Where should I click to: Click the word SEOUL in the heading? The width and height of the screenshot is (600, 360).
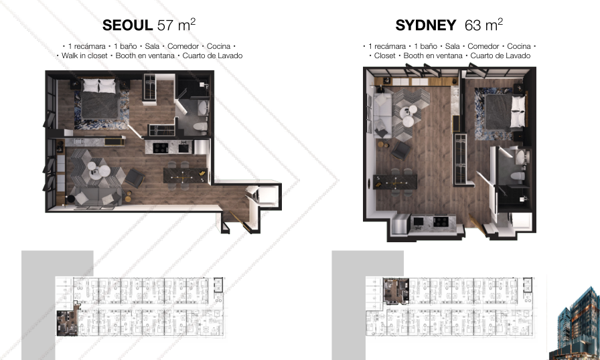point(127,25)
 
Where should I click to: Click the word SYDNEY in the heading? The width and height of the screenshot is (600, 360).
point(425,25)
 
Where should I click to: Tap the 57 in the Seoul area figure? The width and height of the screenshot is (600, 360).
point(165,25)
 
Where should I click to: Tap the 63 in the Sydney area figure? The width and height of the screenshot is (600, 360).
point(473,25)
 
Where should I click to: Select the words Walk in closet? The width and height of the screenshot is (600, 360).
point(84,56)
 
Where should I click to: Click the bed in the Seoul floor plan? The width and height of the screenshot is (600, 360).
point(100,98)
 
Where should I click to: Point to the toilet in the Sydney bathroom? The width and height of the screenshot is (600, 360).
point(518,176)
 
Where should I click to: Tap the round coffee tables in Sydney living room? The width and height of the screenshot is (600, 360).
point(408,115)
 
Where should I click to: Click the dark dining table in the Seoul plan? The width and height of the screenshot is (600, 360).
point(185,175)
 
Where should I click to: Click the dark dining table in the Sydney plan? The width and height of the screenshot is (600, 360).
point(395,182)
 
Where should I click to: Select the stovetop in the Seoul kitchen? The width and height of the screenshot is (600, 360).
point(160,147)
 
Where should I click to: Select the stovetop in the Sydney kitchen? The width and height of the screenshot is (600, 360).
point(441,221)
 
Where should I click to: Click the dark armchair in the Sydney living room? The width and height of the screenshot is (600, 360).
point(400,151)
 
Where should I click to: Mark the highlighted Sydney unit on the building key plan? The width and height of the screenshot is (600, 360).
point(396,291)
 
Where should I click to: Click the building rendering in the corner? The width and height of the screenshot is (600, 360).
point(574,324)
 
